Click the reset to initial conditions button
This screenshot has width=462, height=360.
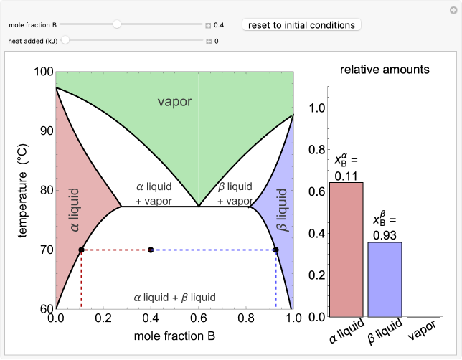pyautogui.click(x=301, y=25)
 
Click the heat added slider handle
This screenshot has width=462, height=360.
pyautogui.click(x=65, y=41)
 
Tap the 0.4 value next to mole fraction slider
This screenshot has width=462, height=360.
pyautogui.click(x=219, y=25)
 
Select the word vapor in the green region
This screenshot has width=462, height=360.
pyautogui.click(x=174, y=102)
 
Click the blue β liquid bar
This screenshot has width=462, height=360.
pyautogui.click(x=385, y=280)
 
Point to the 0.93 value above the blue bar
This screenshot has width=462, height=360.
pyautogui.click(x=385, y=235)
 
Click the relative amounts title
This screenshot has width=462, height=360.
pyautogui.click(x=385, y=70)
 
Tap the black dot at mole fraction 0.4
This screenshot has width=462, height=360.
pyautogui.click(x=151, y=250)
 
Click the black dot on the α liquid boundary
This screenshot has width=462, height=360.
pyautogui.click(x=81, y=250)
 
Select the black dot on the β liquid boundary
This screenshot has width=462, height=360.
pyautogui.click(x=275, y=250)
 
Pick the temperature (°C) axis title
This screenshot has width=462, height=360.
pyautogui.click(x=22, y=190)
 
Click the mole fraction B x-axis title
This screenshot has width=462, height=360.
pyautogui.click(x=174, y=335)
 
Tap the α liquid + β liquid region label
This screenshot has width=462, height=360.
pyautogui.click(x=174, y=297)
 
